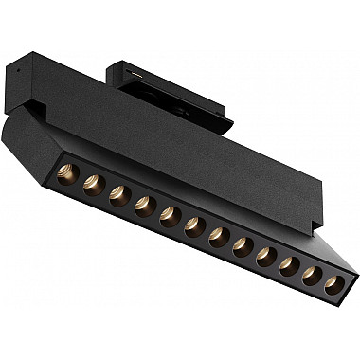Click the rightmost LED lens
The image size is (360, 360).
tap(333, 282)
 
